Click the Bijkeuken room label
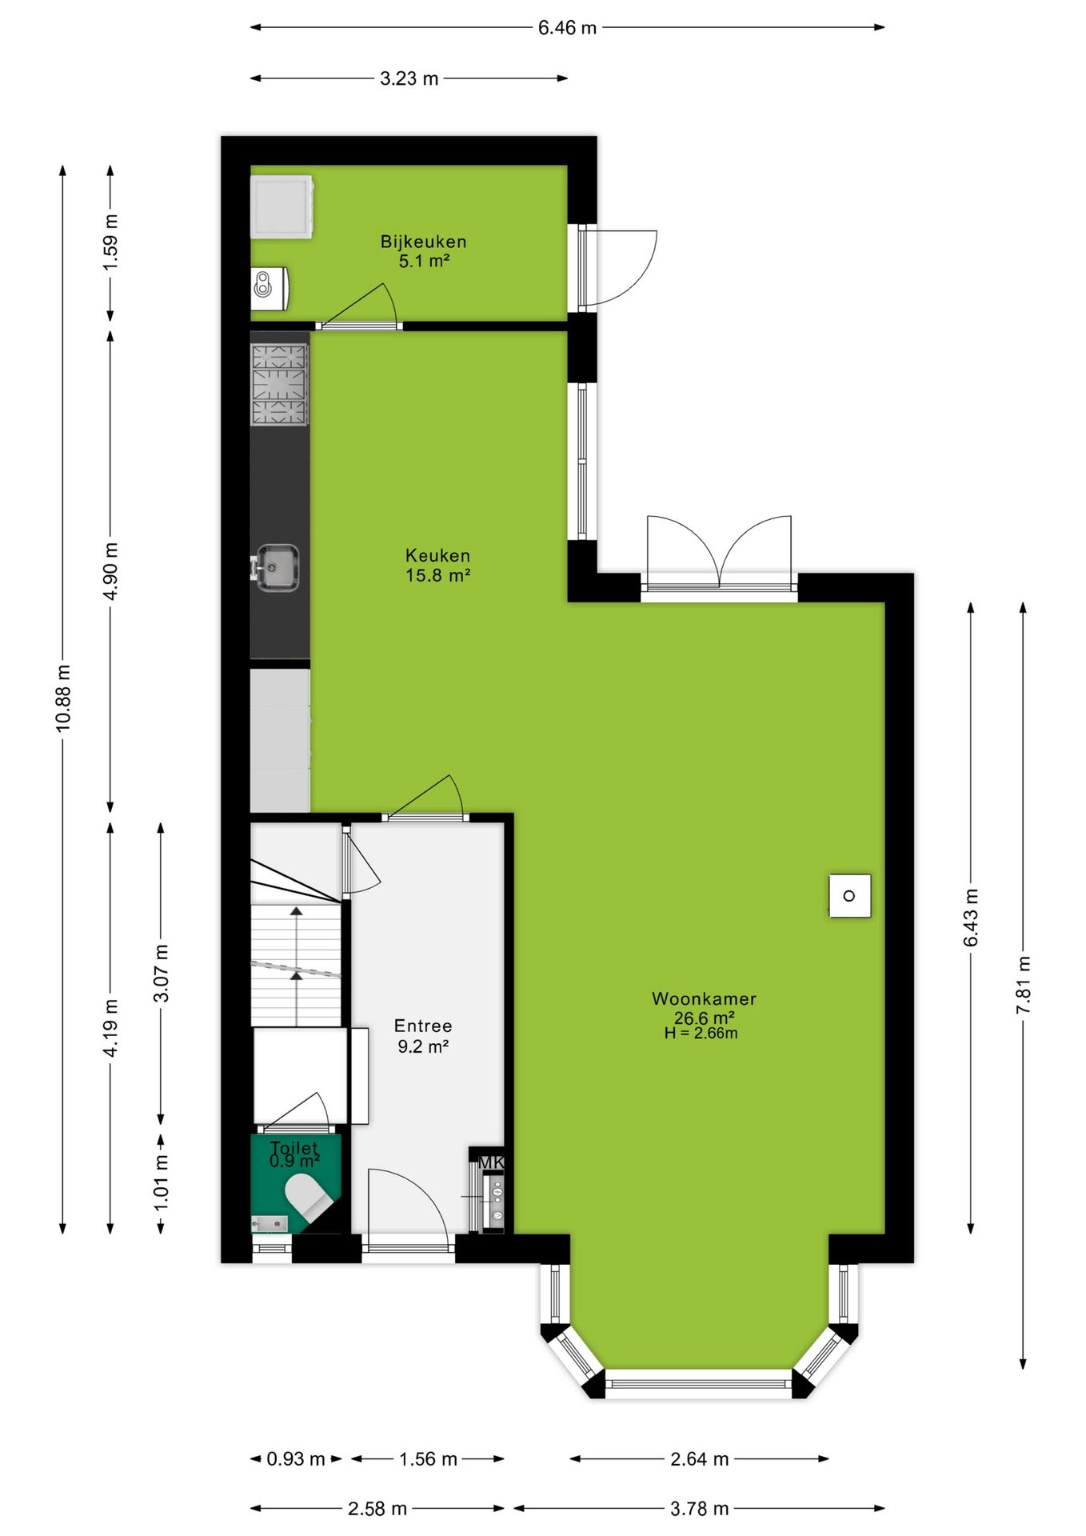[x=423, y=242]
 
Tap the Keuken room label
[x=437, y=555]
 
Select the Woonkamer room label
[x=704, y=998]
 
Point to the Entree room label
[x=423, y=1026]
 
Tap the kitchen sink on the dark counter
[x=277, y=568]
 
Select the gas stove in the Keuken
[x=280, y=384]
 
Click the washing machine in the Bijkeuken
[x=281, y=206]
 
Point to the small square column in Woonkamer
[x=849, y=896]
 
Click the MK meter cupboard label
[x=491, y=1162]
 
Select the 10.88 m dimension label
[x=63, y=698]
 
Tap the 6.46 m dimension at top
[x=567, y=28]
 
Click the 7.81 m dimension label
[x=1024, y=985]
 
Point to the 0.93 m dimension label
[x=296, y=1458]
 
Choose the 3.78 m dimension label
[x=700, y=1509]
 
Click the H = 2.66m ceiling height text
[x=701, y=1033]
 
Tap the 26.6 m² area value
[x=704, y=1018]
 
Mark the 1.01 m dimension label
[x=161, y=1182]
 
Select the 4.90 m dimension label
[x=111, y=570]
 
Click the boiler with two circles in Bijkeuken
[x=270, y=288]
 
